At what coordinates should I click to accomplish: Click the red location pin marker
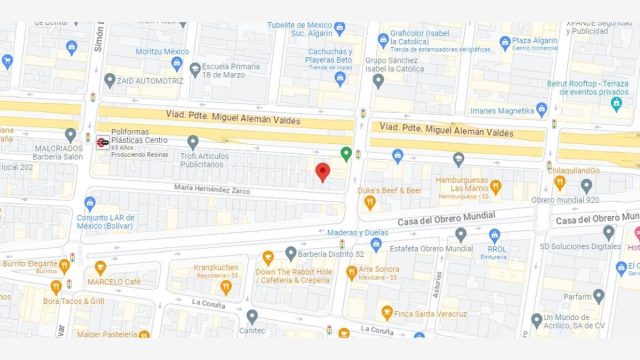click(x=322, y=172)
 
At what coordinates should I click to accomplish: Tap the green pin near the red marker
click(x=346, y=154)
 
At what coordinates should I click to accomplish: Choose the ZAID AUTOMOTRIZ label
click(x=149, y=79)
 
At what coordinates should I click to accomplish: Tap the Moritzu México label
click(x=162, y=51)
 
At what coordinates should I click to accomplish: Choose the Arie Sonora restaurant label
click(x=380, y=270)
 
